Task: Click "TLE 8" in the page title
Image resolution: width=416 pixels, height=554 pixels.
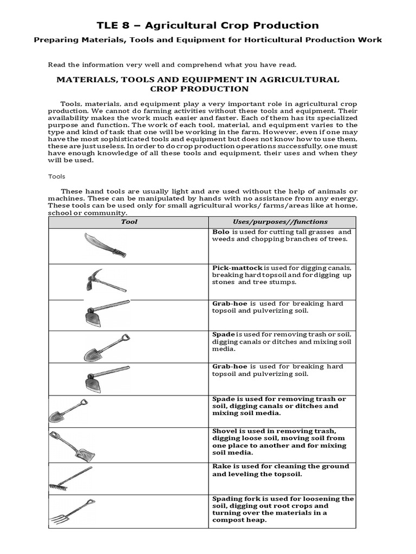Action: [x=113, y=25]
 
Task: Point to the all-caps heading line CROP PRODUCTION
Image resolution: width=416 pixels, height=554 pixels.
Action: [x=198, y=89]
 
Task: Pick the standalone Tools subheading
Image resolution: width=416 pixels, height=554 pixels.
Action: [x=56, y=176]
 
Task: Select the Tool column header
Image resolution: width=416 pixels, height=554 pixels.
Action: [x=129, y=222]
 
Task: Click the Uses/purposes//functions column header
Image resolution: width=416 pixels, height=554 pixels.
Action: [x=280, y=222]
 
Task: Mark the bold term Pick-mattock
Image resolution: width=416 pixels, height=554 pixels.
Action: [x=237, y=268]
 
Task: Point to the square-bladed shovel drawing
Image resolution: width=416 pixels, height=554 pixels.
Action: [x=72, y=445]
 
